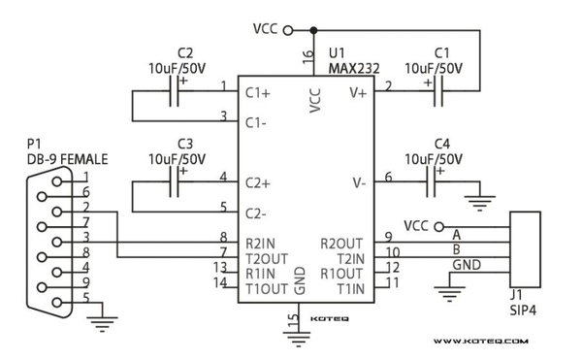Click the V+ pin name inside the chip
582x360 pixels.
click(358, 93)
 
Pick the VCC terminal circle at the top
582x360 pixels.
click(287, 29)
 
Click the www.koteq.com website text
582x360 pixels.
click(480, 342)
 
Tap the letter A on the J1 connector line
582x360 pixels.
click(456, 234)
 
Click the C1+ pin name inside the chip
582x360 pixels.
click(258, 93)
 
